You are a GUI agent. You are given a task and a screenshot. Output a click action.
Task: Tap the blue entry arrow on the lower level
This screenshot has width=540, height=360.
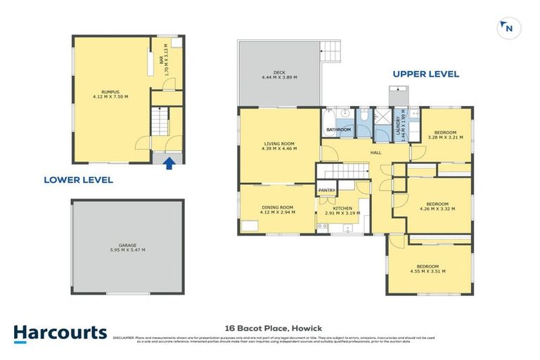pos(168,163)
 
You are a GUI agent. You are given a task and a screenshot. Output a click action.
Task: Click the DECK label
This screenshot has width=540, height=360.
pos(279,75)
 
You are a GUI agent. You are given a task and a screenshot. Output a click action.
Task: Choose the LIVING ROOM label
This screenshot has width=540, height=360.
pos(279,146)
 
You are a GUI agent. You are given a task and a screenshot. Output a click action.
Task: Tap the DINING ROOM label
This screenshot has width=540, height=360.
pos(278,209)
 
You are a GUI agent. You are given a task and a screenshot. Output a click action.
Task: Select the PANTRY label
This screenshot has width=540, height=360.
pos(327,191)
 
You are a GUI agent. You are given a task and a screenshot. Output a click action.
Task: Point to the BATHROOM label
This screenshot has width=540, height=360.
pos(338,129)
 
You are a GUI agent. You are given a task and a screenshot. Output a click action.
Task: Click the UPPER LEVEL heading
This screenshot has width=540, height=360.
pos(425,74)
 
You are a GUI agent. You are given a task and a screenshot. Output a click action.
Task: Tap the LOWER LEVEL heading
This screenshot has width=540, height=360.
pos(78,180)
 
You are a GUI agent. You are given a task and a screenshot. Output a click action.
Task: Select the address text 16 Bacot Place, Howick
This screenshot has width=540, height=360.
pos(269,328)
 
